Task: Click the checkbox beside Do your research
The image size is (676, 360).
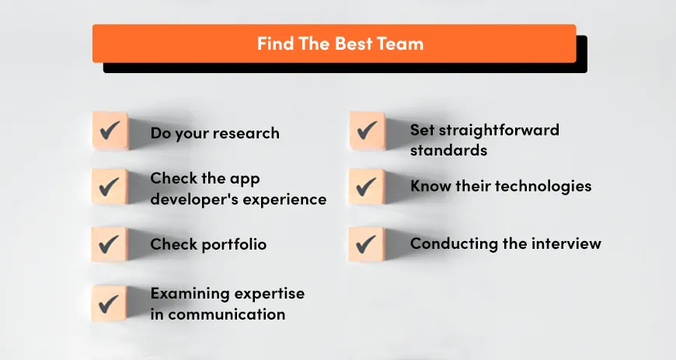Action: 110,130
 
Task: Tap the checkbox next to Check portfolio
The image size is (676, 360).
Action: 110,244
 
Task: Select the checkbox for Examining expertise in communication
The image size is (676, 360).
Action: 110,302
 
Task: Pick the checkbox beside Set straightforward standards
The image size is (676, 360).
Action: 367,130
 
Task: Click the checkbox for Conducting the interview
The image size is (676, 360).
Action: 367,244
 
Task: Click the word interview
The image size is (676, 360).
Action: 566,243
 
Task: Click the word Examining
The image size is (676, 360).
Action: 188,294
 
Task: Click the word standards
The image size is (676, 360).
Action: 448,149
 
